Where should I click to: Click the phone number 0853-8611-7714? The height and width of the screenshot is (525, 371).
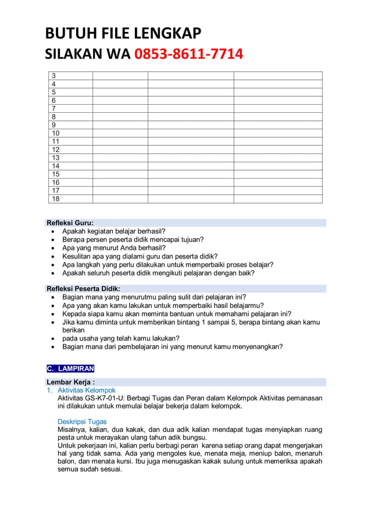(x=188, y=55)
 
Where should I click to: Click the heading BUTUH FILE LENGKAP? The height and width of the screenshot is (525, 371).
(x=123, y=33)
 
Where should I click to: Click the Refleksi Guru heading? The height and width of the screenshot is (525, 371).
(x=70, y=223)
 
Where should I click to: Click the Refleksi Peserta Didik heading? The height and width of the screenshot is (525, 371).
(x=83, y=289)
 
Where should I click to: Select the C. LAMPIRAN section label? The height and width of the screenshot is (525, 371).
(x=70, y=368)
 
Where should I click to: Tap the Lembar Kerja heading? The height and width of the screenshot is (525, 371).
(x=70, y=382)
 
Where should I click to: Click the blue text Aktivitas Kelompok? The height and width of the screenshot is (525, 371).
(x=87, y=390)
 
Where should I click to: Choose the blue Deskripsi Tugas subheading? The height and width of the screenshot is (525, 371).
(x=82, y=421)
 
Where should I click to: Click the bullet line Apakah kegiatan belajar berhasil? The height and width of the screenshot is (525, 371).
(x=114, y=231)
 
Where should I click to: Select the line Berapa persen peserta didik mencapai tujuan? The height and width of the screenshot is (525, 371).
(x=133, y=239)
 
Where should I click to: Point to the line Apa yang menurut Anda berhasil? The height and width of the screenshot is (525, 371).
(x=114, y=247)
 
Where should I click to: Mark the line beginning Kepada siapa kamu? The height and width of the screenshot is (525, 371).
(x=177, y=314)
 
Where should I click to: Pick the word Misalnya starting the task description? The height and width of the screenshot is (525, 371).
(x=72, y=430)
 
